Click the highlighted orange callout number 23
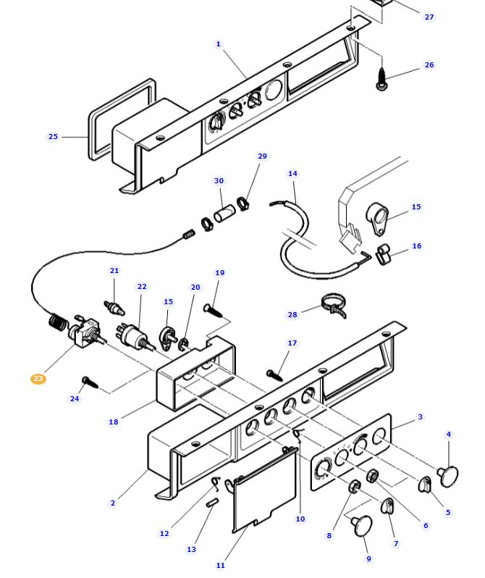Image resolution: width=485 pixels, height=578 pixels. coord(38,379)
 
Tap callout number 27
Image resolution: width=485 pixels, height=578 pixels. coord(429,17)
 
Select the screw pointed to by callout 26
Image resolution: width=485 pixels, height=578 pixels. coord(381,78)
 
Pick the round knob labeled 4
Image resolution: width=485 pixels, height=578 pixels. coord(448,476)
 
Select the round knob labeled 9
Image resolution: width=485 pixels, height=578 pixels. coord(362,525)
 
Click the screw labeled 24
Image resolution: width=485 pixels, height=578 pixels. coord(90,382)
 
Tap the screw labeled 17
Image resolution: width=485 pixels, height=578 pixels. coord(275,375)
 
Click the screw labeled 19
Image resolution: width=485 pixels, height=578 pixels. coord(213,311)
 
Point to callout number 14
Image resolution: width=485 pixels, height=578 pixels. coord(292,173)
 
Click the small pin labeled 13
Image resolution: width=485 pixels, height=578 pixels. coord(213,503)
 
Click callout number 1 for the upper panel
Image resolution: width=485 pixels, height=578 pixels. coord(218,44)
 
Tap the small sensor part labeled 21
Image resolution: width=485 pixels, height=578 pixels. coord(114,308)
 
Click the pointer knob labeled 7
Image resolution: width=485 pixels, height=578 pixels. coord(387,506)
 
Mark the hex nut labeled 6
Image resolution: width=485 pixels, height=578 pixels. coord(373,476)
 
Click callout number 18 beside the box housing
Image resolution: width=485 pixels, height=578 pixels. coord(114,422)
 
